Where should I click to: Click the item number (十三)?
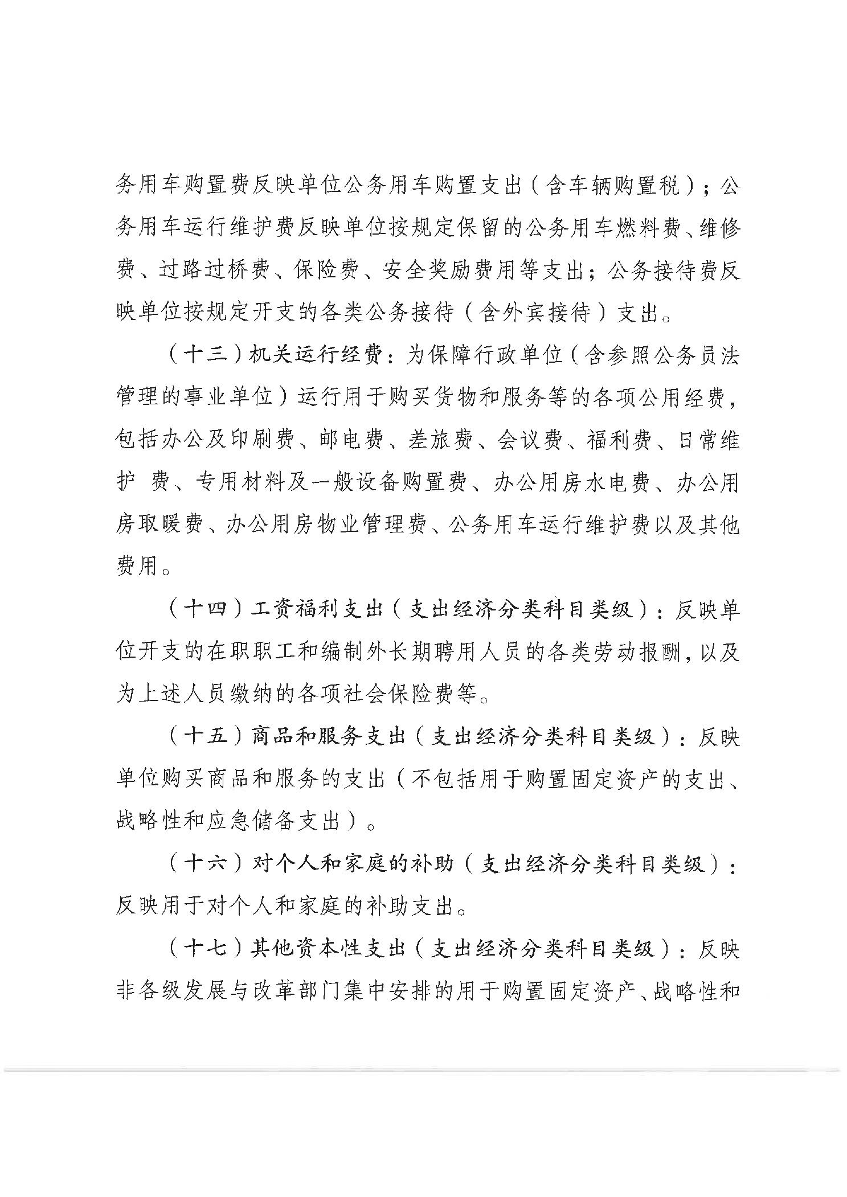pyautogui.click(x=203, y=356)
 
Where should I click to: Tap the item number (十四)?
pyautogui.click(x=203, y=610)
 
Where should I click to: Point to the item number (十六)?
pyautogui.click(x=203, y=864)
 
